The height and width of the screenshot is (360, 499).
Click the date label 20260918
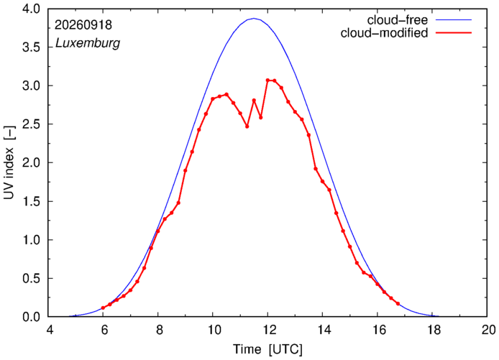83,25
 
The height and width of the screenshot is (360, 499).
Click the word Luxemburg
88,43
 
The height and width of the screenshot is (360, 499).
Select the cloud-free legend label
398,20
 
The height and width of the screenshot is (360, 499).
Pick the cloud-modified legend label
384,33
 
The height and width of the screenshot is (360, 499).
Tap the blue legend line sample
454,19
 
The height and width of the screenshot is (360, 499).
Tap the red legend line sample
454,33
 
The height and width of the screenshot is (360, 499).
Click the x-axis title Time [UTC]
267,349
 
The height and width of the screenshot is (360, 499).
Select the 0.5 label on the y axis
31,278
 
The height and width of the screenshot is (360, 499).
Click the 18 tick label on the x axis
432,330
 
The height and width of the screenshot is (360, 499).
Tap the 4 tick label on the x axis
49,330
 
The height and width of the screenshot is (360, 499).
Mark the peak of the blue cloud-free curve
254,19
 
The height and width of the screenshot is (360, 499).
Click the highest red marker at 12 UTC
267,80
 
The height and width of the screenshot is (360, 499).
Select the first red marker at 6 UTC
103,308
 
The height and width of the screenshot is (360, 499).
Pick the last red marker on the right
398,304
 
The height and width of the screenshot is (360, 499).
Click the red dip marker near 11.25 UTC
247,126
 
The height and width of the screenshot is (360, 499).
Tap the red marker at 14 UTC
322,181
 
